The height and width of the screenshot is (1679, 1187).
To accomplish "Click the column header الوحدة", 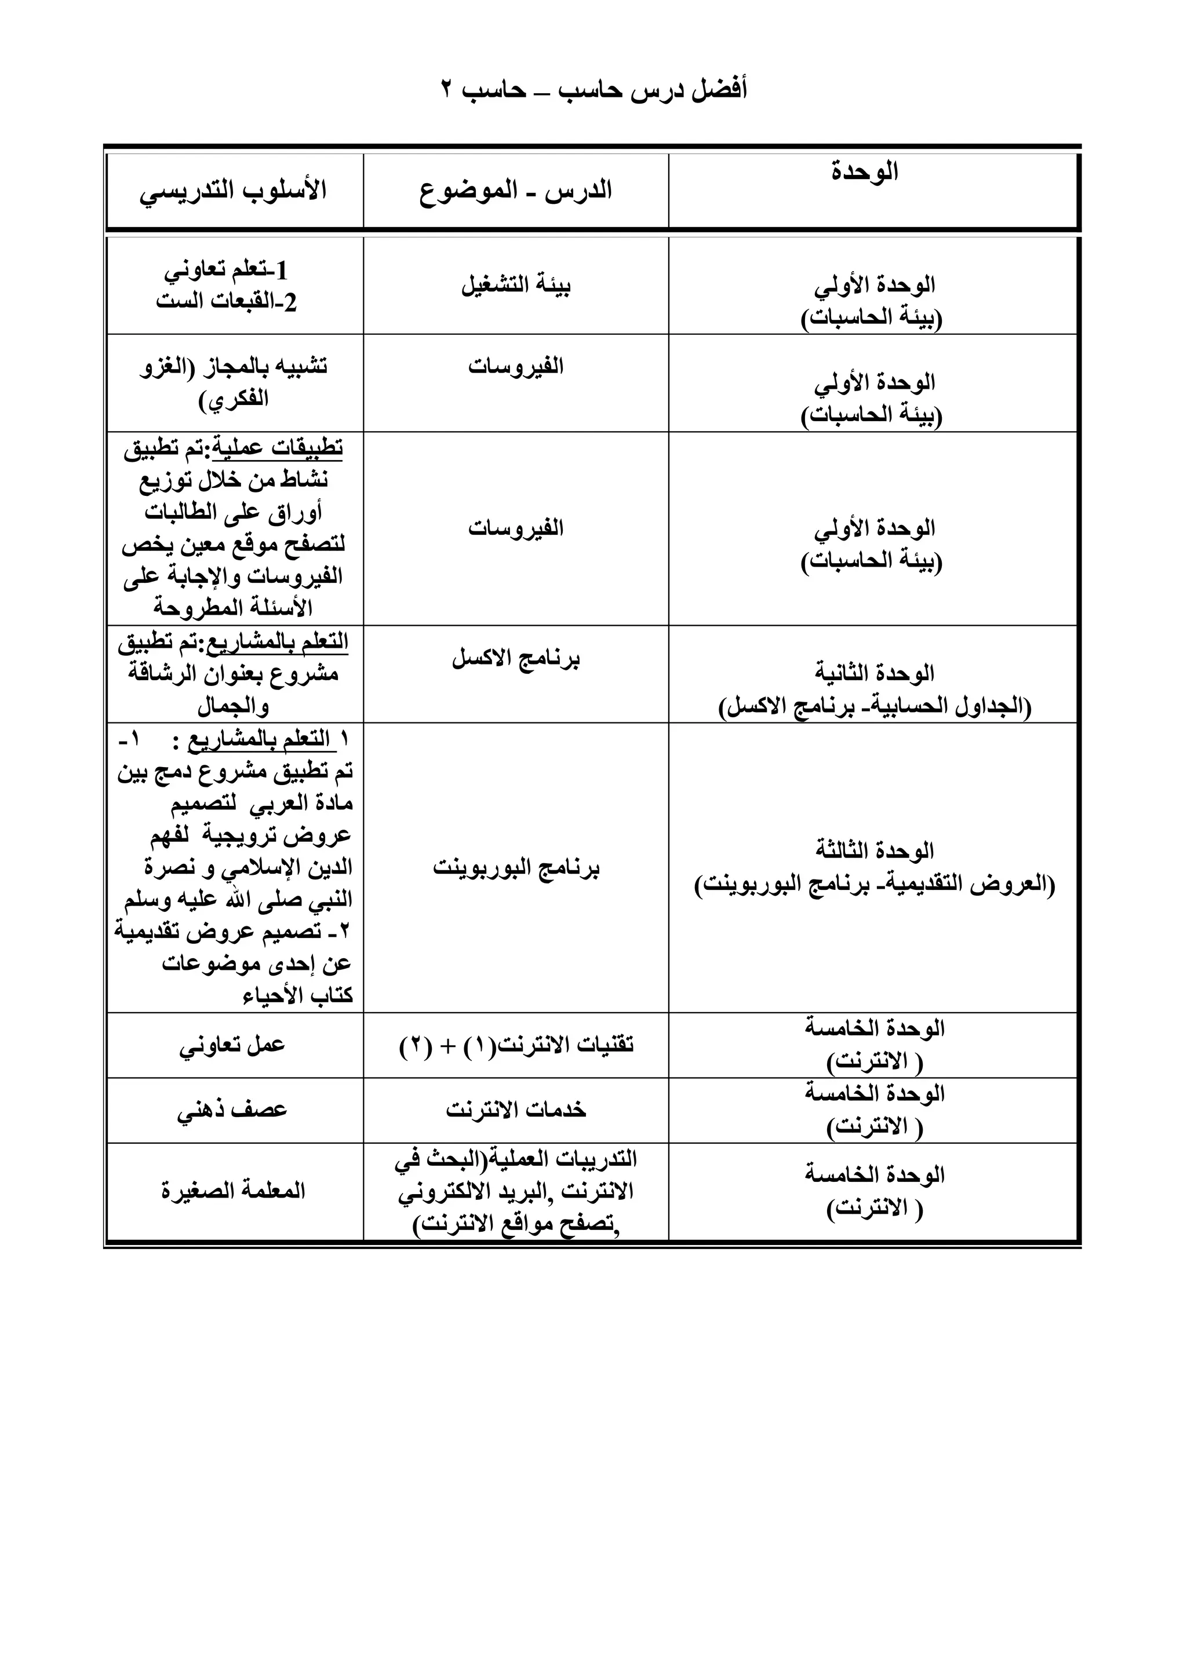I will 865,173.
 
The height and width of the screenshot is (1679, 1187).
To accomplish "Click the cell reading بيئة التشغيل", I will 516,284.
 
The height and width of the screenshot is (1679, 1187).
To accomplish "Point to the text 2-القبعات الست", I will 227,302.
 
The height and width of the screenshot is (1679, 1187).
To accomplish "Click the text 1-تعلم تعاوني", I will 227,271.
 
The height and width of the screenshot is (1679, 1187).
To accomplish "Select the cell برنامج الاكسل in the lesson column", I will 516,659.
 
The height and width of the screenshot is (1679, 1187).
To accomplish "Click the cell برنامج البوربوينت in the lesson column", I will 516,868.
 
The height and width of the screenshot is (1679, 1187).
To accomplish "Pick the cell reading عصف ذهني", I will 232,1110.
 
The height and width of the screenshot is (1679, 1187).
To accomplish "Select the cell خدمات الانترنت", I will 516,1110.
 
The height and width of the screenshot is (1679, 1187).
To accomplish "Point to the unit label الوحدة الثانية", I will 875,673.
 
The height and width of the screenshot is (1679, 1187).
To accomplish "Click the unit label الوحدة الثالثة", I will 875,851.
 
